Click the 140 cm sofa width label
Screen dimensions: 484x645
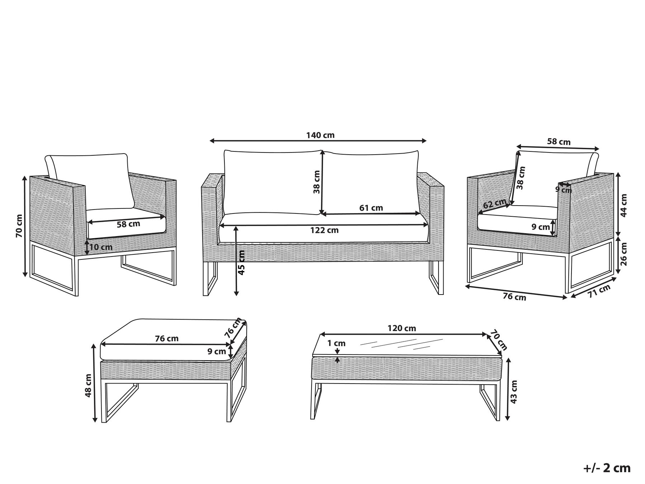coord(320,135)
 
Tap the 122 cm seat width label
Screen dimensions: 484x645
coord(324,230)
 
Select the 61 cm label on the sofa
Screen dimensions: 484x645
coord(371,208)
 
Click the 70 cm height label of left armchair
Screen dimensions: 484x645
coord(19,226)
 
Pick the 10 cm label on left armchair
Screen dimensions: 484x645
coord(101,247)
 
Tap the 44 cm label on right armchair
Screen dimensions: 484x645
coord(624,205)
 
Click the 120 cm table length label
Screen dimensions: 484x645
coord(402,328)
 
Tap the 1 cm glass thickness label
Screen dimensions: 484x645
coord(337,343)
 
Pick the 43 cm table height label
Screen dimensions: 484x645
coord(514,392)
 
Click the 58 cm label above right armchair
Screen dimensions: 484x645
coord(559,142)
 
